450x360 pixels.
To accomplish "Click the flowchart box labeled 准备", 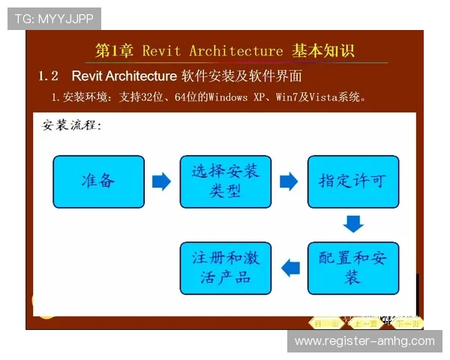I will [98, 181].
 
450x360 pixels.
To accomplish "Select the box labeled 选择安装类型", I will [225, 181].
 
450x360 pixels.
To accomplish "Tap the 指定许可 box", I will [353, 181].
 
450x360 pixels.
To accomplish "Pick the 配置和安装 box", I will [353, 268].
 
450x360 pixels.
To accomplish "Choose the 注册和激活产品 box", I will [225, 268].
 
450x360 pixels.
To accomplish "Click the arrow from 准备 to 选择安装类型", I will [161, 181].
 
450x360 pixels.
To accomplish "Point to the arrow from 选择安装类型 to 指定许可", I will [289, 181].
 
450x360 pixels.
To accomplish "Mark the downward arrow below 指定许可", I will [353, 223].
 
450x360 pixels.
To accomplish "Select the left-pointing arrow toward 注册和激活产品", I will [289, 267].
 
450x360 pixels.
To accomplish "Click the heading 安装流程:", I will [71, 124].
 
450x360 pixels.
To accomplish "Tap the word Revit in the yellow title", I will [161, 51].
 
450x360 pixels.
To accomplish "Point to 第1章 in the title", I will [114, 51].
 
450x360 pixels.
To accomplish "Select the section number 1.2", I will [49, 76].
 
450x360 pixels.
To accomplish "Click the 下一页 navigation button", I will [408, 323].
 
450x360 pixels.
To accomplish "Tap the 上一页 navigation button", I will [365, 323].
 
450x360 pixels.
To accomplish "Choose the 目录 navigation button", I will [325, 323].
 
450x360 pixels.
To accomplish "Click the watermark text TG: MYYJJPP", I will [54, 18].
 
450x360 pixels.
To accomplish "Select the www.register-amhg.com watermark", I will [364, 341].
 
